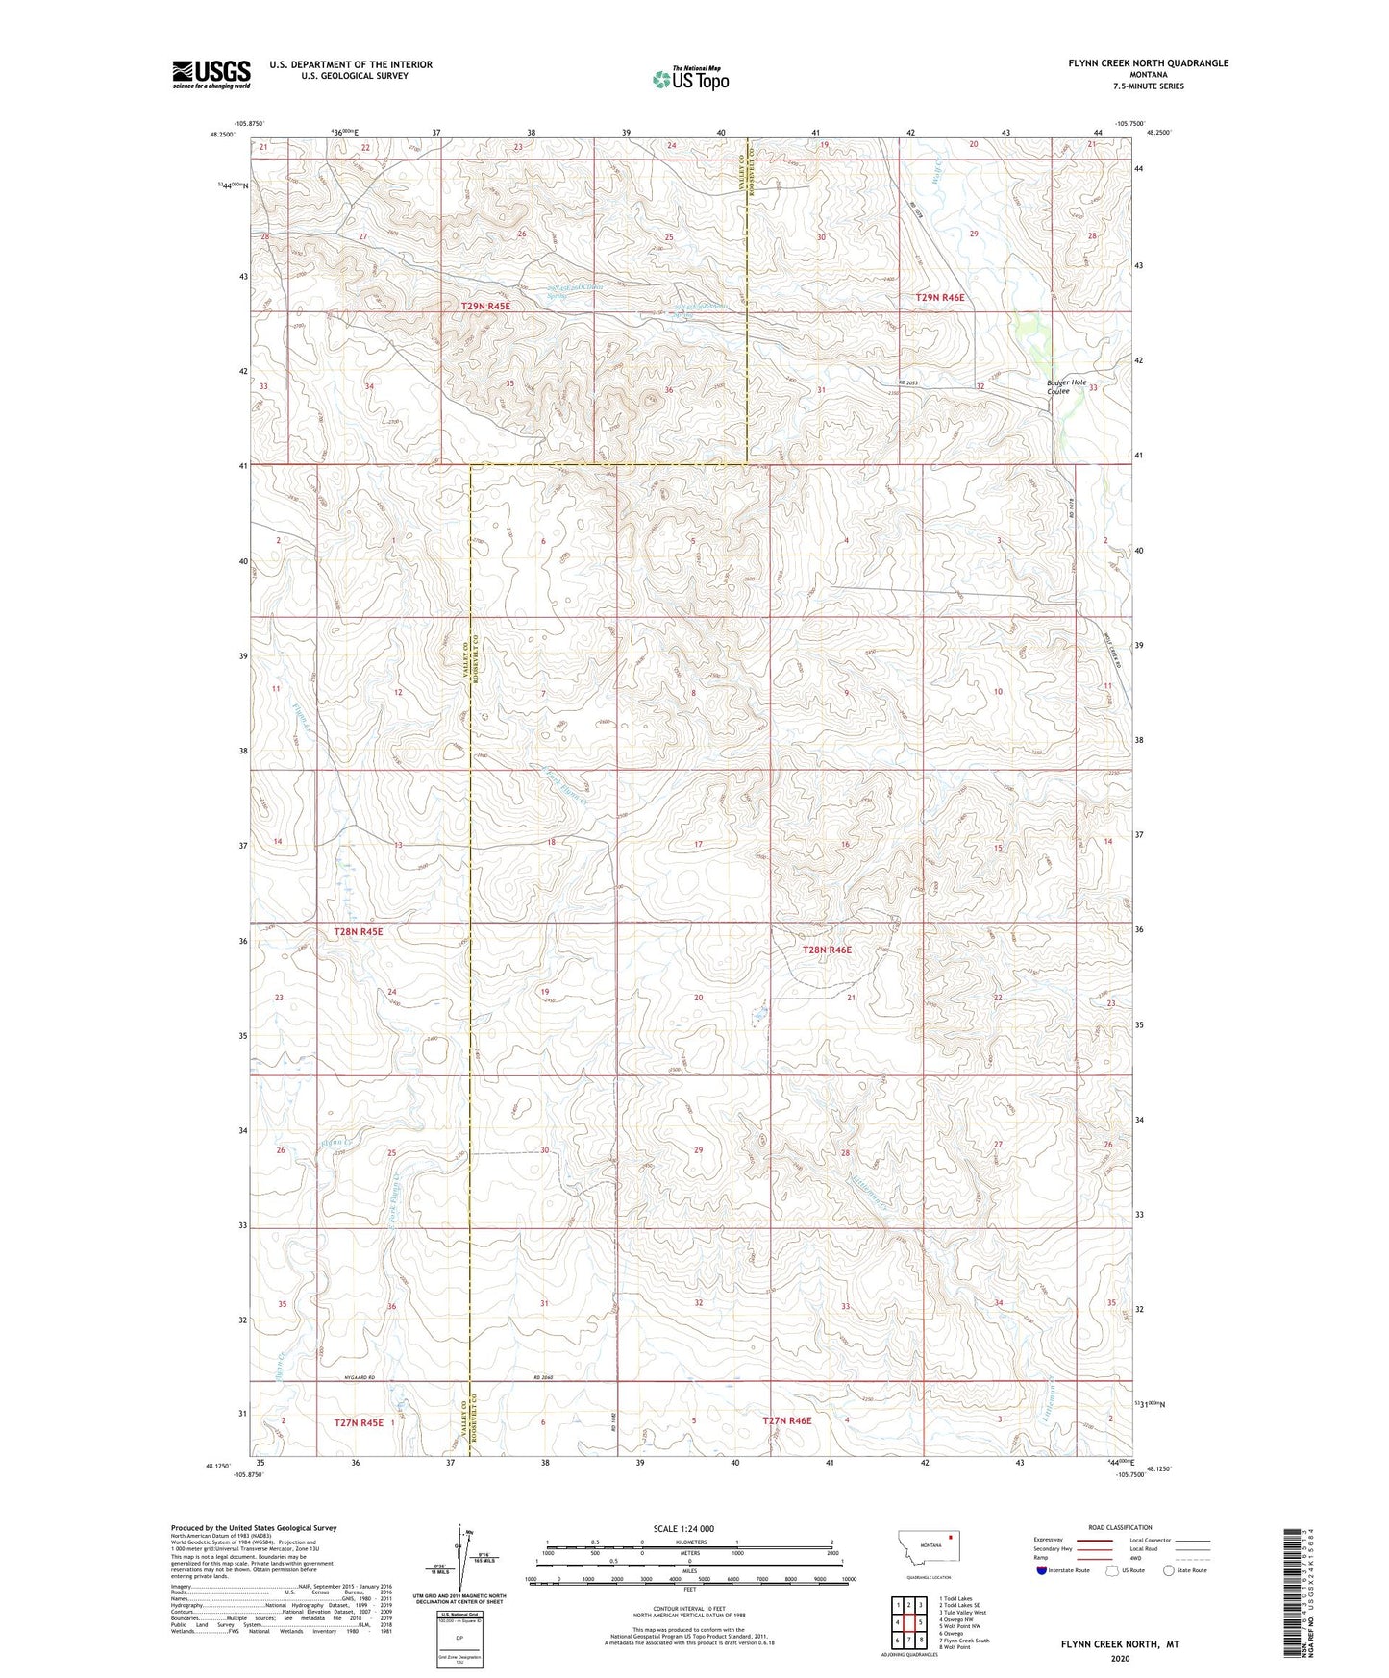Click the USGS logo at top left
[x=211, y=74]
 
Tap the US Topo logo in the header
[x=690, y=79]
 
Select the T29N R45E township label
[x=485, y=306]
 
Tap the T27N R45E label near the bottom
[x=359, y=1422]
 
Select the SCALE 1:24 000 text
[x=683, y=1528]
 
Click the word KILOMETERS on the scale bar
[x=689, y=1542]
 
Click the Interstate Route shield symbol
[x=1042, y=1571]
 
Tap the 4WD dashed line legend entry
[x=1182, y=1559]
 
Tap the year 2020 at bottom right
[x=1120, y=1658]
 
